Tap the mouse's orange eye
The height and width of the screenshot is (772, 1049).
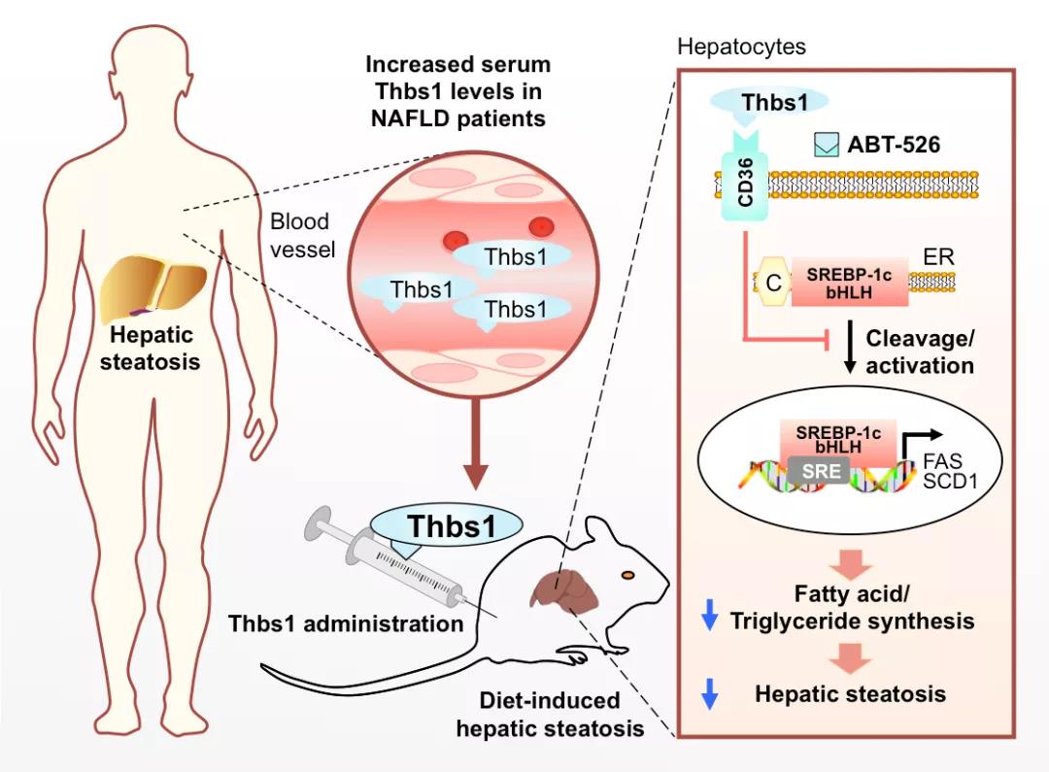tap(627, 575)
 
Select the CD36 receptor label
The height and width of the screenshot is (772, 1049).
tap(745, 183)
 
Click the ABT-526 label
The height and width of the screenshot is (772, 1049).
tap(894, 145)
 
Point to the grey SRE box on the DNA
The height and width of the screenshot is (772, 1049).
tap(821, 470)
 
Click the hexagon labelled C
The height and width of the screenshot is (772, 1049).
tap(773, 282)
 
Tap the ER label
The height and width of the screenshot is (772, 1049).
tap(938, 257)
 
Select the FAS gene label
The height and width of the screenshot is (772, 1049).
tap(942, 461)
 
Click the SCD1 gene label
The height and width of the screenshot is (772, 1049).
tap(950, 481)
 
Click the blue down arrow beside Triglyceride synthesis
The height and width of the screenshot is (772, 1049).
tap(709, 615)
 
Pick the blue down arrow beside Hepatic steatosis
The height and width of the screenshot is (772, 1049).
tap(709, 693)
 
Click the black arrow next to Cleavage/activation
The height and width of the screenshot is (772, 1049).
tap(850, 347)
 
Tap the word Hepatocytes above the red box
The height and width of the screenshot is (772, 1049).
tap(741, 47)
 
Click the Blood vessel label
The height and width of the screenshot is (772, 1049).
tap(302, 235)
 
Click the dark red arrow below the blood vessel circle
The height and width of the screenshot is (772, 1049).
tap(476, 442)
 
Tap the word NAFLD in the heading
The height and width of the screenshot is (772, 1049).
tap(411, 118)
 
